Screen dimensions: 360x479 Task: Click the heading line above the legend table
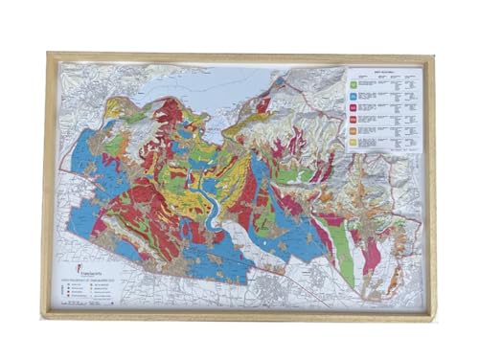383,73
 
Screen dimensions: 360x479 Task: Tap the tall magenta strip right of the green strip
369,254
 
